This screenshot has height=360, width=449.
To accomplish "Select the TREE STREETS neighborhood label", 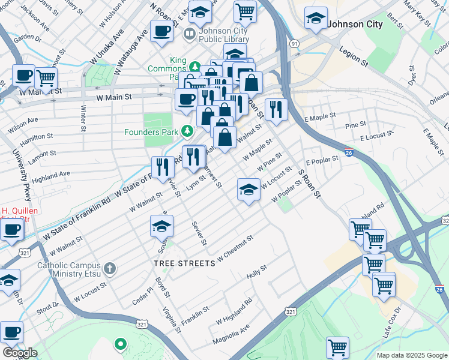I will [x=184, y=263].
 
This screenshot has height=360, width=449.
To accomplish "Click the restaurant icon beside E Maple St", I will [x=276, y=109].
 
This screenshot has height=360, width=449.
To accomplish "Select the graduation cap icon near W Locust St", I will [x=249, y=191].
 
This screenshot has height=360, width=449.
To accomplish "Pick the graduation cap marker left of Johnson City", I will [x=316, y=19].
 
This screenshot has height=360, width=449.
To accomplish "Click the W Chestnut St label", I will [x=235, y=248].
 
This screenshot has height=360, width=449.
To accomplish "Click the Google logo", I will [x=20, y=352].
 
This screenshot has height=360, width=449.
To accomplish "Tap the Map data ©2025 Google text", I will [x=411, y=355].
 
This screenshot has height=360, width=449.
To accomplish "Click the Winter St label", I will [x=83, y=117].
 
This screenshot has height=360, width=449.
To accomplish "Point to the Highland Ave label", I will [x=51, y=175].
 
